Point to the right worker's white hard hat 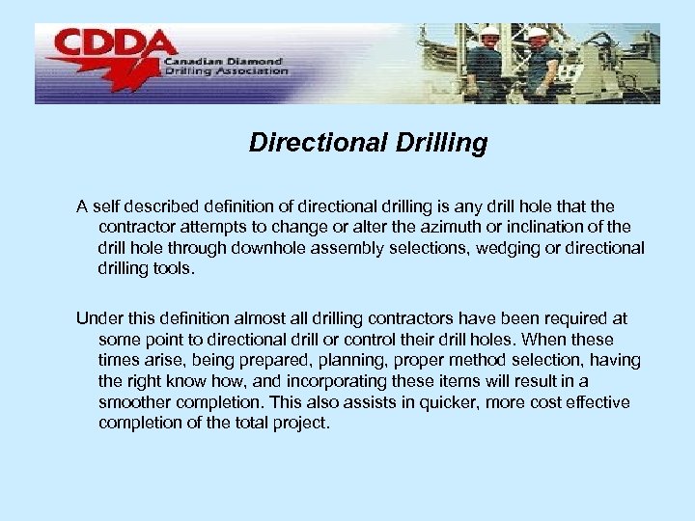(538, 34)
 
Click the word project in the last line (300, 424)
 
